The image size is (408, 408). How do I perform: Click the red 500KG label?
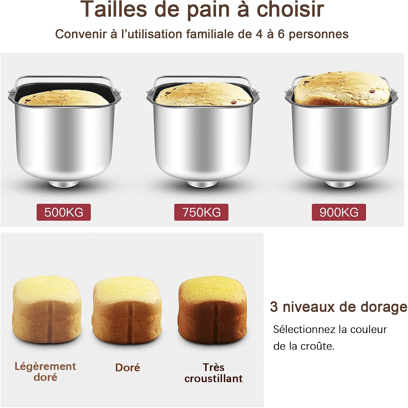64,212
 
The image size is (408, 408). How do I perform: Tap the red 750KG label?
201,212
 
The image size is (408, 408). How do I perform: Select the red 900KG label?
339,212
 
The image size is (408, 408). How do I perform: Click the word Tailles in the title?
115,10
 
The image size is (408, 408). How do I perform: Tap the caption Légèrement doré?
45,372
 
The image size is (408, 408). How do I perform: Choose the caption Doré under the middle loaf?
127,367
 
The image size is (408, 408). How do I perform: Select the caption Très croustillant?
214,373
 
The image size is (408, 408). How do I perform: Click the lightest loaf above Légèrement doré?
47,307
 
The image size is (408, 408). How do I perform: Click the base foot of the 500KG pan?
64,184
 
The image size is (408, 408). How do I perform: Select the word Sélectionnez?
304,329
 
